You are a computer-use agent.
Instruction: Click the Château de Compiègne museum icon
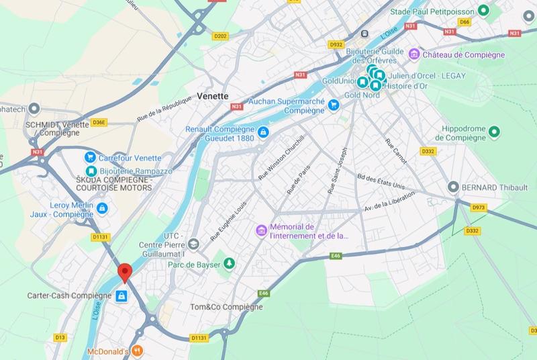point(415,54)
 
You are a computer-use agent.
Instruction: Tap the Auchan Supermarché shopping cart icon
point(333,104)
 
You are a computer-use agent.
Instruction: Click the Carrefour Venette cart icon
point(89,157)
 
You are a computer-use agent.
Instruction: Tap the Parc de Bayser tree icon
point(228,263)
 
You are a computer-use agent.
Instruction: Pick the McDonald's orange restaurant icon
point(137,350)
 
